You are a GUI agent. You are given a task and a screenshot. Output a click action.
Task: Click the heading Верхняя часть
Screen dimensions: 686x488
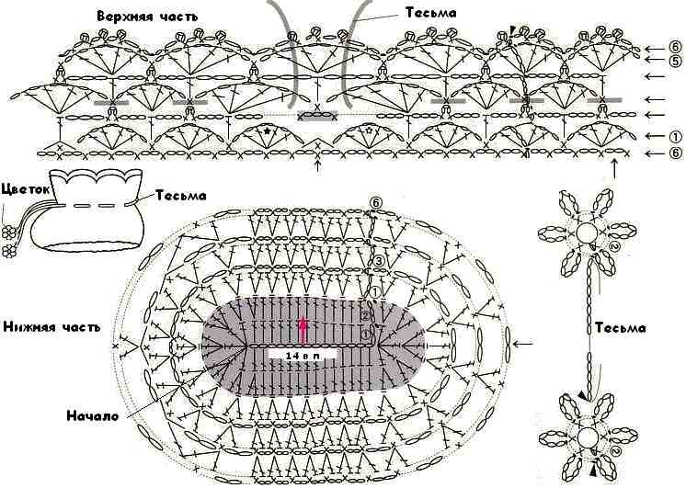click(147, 17)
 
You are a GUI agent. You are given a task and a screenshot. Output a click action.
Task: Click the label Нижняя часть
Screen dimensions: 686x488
click(52, 326)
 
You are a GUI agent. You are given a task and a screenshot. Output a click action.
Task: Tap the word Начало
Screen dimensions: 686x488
click(92, 415)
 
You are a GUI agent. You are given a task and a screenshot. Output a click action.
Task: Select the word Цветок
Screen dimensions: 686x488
click(26, 189)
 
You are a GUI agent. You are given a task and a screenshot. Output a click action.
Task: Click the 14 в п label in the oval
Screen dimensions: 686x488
click(302, 356)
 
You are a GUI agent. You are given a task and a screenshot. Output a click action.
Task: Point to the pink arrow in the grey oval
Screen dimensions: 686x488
click(302, 330)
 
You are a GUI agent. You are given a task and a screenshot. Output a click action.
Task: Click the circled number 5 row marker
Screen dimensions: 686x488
click(675, 60)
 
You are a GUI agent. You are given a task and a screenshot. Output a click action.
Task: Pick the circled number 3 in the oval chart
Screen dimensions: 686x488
click(379, 262)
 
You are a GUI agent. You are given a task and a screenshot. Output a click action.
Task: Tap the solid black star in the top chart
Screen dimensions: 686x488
click(268, 131)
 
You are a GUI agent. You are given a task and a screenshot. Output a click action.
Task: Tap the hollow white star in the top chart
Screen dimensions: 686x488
click(369, 131)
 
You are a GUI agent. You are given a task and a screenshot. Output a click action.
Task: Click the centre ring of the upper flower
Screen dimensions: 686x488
click(587, 233)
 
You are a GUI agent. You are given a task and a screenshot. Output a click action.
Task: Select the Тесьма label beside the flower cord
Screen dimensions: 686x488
click(620, 327)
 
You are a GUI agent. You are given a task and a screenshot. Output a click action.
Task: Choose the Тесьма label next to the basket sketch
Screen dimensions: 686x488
click(180, 195)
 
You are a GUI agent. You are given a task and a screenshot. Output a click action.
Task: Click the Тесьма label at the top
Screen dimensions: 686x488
click(431, 13)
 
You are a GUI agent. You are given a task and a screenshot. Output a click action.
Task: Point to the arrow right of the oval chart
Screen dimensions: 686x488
click(524, 344)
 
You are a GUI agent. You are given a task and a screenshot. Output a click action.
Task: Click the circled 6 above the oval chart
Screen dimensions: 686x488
click(376, 202)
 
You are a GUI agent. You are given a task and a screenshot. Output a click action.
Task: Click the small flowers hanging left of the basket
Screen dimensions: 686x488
click(9, 242)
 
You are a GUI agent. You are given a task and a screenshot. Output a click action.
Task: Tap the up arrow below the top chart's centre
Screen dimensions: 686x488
click(318, 167)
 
